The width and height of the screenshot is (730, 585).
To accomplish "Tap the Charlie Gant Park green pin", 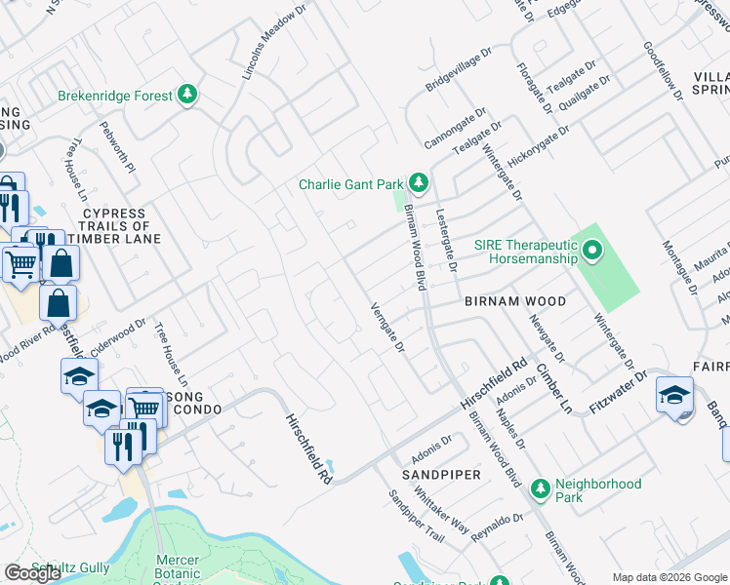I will coord(418,183).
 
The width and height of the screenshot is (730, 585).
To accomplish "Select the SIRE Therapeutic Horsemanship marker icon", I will coord(592,253).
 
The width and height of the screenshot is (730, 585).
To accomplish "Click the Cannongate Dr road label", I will coord(455,131).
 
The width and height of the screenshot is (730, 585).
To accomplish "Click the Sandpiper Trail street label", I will coord(416,517).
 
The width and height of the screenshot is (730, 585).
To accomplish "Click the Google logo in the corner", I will coord(32,573).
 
